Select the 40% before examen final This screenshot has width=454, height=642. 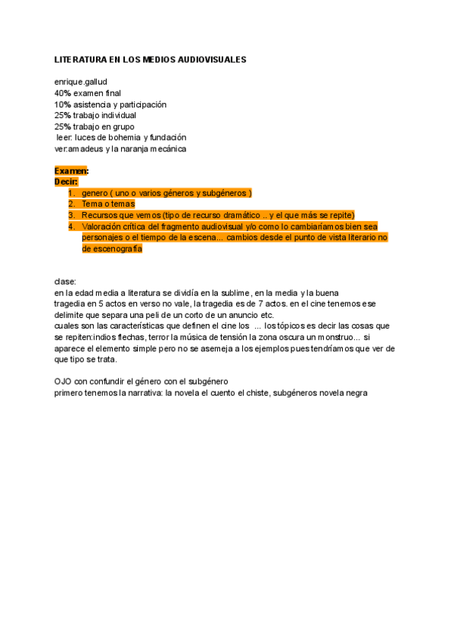(x=62, y=93)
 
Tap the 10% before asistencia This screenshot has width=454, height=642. (x=62, y=104)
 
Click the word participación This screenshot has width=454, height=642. (x=143, y=104)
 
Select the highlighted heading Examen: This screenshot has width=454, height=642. (x=71, y=171)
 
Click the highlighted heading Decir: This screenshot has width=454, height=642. (x=67, y=182)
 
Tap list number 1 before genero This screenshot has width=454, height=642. (x=72, y=193)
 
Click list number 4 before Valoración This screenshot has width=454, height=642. (x=72, y=226)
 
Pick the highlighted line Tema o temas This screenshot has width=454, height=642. (x=108, y=204)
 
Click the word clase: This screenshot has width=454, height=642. (x=66, y=282)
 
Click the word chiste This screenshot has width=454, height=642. (x=253, y=393)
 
